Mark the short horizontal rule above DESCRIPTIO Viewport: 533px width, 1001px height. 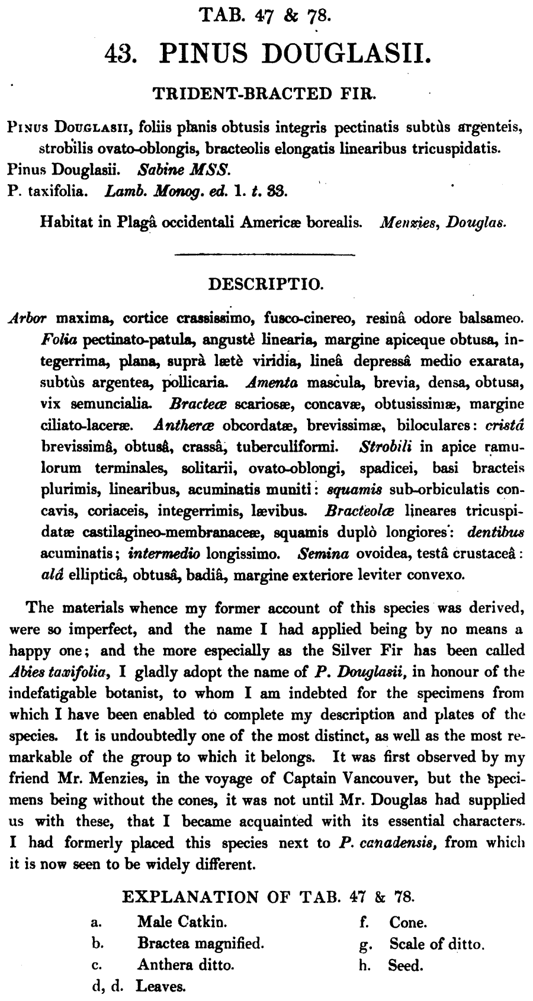click(x=265, y=255)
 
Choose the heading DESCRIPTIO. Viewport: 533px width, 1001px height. click(x=266, y=285)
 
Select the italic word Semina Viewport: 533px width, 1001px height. click(x=322, y=554)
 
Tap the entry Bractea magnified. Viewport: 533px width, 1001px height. click(x=200, y=943)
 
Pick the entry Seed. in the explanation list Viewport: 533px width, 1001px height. click(x=406, y=965)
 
